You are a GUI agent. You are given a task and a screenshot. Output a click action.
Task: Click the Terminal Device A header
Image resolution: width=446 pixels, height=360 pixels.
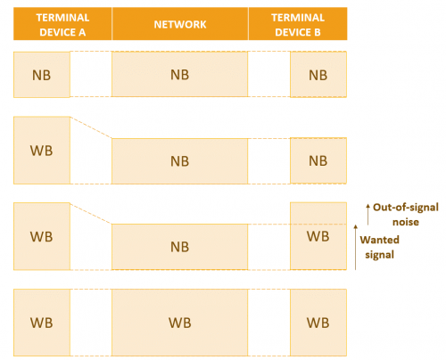[x=62, y=24]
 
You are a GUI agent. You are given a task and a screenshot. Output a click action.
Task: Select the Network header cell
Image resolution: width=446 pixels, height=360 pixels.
[x=180, y=24]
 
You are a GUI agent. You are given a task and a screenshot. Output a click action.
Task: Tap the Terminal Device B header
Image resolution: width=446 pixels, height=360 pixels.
[x=298, y=24]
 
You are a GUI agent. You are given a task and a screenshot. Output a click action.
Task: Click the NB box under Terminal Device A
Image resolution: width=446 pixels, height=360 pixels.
[x=42, y=75]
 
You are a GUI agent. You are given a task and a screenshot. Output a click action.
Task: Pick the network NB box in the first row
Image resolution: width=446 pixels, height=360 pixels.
[x=179, y=74]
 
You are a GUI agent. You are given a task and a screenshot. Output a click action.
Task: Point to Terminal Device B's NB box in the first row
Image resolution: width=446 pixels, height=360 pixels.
[x=318, y=74]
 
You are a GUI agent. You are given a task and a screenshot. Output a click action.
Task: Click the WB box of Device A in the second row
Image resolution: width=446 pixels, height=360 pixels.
[x=42, y=151]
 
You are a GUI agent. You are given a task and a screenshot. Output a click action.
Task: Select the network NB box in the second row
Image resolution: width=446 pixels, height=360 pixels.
[x=179, y=161]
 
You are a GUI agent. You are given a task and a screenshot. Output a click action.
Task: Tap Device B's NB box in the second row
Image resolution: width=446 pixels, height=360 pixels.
[x=318, y=160]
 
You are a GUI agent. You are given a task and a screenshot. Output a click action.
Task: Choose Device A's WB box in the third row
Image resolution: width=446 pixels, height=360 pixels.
[x=42, y=236]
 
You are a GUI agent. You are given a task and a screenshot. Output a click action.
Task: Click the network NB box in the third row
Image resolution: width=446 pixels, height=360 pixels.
[x=179, y=247]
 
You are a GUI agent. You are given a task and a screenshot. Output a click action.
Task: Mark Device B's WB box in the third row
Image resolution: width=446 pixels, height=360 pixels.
[x=318, y=236]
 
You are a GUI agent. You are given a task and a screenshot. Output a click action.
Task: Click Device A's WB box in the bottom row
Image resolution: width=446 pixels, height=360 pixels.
[x=42, y=323]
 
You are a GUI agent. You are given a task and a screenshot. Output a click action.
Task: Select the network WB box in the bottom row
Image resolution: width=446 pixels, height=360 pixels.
[x=179, y=323]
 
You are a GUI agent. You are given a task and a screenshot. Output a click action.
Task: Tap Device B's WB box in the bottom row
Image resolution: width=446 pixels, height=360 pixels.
[x=318, y=323]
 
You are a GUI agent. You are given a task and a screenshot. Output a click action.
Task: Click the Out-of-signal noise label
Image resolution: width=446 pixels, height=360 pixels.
[x=406, y=215]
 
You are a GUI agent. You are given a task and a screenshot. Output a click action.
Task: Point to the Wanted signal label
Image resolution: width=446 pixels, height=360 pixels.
[x=380, y=247]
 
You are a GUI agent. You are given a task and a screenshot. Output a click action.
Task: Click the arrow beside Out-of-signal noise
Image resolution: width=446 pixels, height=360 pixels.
[x=368, y=214]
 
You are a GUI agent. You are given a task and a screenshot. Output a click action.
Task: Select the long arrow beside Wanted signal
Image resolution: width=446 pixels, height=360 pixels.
[x=356, y=247]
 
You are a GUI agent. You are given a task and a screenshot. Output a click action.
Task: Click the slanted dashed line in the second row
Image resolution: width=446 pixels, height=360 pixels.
[x=91, y=127]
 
